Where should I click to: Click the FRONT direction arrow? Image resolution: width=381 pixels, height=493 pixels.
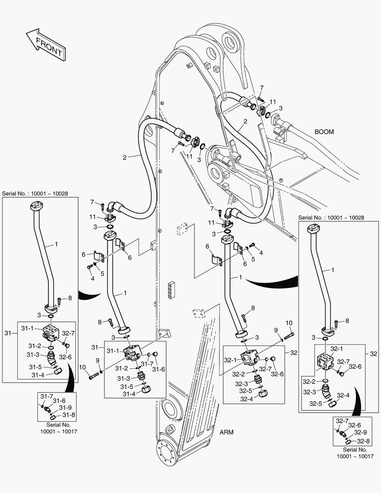(44, 44)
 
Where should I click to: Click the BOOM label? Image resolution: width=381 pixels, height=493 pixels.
(324, 131)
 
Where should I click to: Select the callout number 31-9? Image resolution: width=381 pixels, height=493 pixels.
(65, 408)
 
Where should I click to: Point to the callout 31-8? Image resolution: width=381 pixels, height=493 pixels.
(69, 415)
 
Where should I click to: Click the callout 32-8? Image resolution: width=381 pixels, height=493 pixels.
(364, 441)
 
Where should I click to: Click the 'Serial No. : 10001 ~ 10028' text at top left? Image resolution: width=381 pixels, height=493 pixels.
(35, 194)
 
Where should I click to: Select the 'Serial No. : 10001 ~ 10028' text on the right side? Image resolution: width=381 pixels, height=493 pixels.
(331, 218)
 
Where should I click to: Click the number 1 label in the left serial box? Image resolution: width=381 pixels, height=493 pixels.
(56, 244)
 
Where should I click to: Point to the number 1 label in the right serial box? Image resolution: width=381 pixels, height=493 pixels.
(332, 270)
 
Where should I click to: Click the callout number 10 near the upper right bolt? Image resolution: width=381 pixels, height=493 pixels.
(289, 323)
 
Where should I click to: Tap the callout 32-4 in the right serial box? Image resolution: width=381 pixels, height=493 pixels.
(343, 395)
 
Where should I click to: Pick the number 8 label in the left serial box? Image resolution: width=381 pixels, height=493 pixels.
(70, 298)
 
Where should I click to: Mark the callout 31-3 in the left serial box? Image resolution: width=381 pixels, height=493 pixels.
(32, 354)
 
